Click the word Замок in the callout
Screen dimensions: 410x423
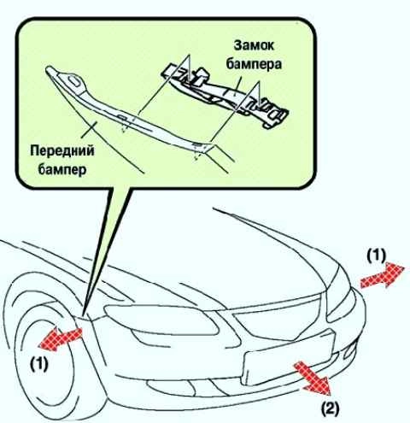tap(254, 45)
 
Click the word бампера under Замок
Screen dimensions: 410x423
tap(254, 64)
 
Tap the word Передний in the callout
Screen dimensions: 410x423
tap(62, 150)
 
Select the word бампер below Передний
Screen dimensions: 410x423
tap(62, 169)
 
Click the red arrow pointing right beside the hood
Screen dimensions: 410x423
tap(382, 275)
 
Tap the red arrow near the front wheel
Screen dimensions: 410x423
tap(61, 338)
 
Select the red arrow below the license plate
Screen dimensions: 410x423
tap(312, 378)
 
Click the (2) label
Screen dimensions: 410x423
tap(331, 410)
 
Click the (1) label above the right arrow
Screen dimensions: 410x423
tap(376, 256)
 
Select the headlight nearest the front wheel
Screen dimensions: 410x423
tap(160, 320)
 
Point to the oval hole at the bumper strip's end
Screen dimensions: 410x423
tap(74, 80)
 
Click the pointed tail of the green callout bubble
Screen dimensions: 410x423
tap(85, 315)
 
